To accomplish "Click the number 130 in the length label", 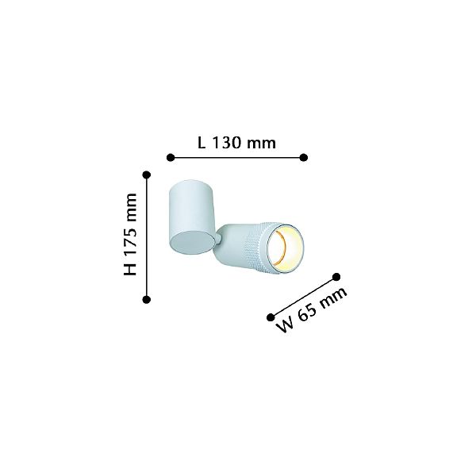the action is tap(226, 142).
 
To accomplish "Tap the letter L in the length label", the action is tap(202, 142).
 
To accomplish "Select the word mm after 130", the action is tap(261, 144).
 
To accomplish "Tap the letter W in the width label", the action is tap(286, 326).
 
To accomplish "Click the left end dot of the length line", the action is tap(171, 158).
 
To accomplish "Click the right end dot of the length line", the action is tap(304, 158).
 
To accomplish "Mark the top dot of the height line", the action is tap(147, 175).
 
